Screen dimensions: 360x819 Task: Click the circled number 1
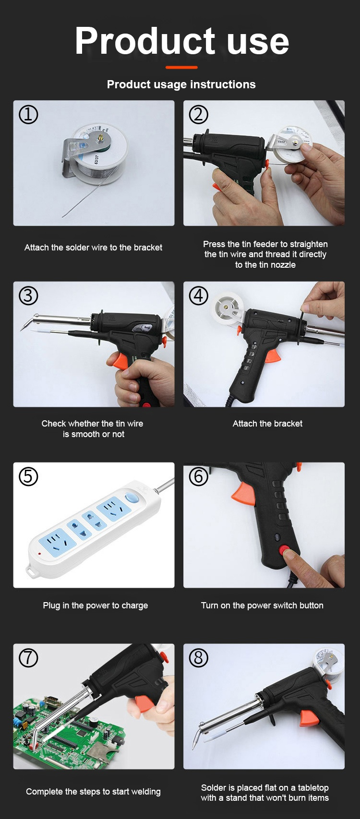click(x=28, y=115)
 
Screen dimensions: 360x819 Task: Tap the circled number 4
click(x=199, y=296)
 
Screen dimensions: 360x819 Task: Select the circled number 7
click(x=28, y=658)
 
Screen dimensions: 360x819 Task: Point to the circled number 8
click(x=199, y=658)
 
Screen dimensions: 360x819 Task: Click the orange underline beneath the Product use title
click(x=181, y=67)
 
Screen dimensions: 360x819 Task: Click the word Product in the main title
click(x=145, y=41)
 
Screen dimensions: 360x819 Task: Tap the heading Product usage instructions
click(x=181, y=84)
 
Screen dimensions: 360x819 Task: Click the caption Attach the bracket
click(x=267, y=423)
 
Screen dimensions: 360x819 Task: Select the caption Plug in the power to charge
click(x=95, y=605)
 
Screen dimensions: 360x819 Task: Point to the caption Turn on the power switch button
click(x=262, y=605)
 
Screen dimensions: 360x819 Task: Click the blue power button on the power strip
click(x=130, y=497)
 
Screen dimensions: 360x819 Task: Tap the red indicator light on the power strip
click(x=39, y=553)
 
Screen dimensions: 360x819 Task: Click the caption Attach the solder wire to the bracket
click(x=93, y=248)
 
